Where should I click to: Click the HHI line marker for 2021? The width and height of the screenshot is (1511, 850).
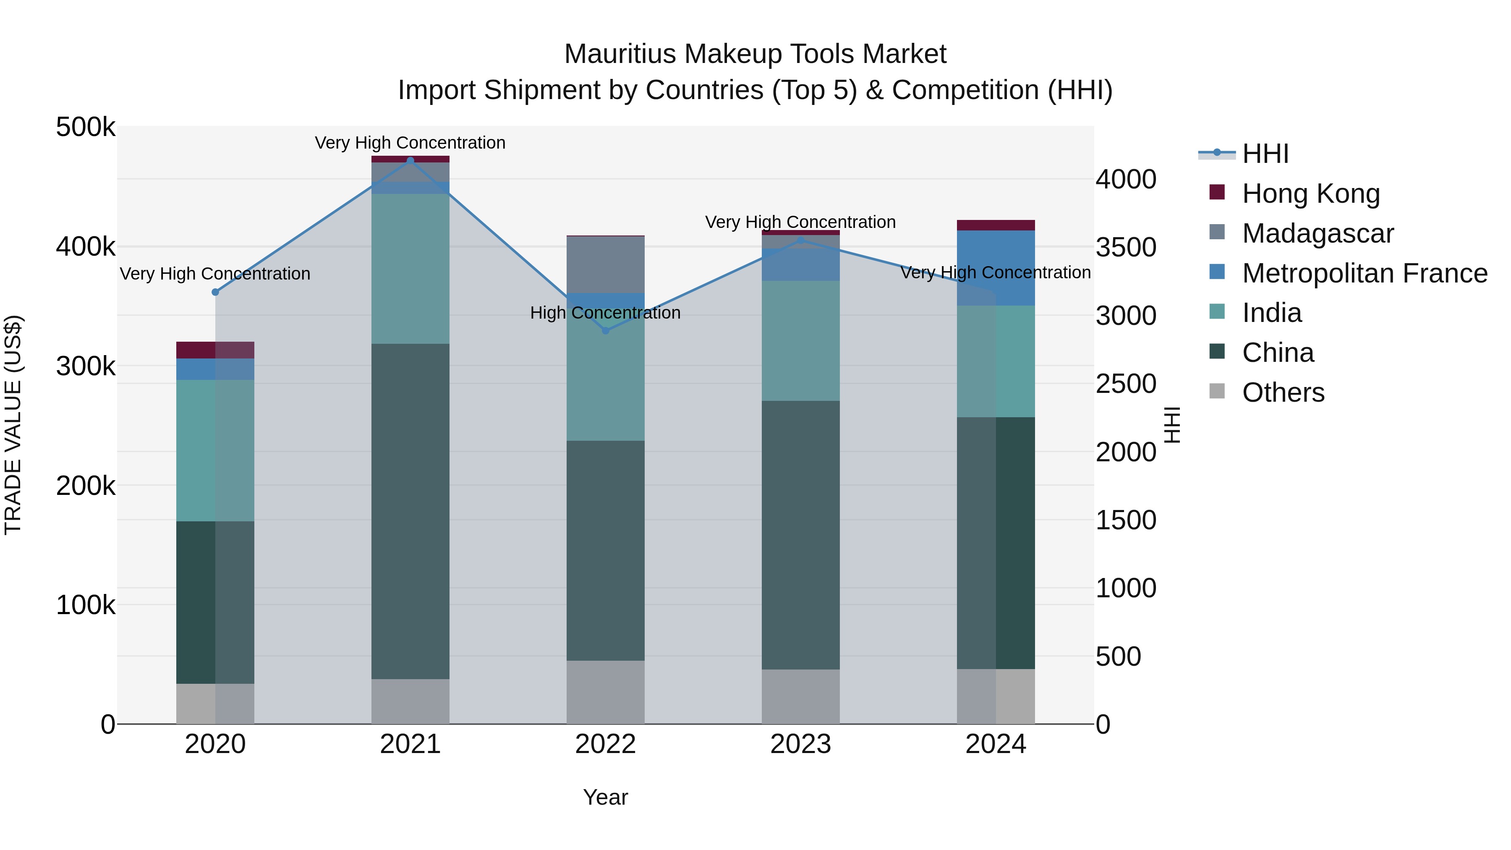tap(410, 160)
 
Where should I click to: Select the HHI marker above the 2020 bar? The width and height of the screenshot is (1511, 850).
tap(215, 292)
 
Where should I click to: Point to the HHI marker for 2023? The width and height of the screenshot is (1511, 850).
tap(801, 240)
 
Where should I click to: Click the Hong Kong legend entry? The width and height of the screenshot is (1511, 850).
tap(1310, 194)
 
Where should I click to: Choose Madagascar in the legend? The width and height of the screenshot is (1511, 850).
tap(1318, 233)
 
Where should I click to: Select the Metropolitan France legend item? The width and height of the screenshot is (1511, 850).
tap(1365, 273)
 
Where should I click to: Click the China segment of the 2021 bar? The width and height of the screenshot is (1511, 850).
tap(410, 510)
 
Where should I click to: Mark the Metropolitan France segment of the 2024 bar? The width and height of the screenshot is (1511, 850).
tap(996, 267)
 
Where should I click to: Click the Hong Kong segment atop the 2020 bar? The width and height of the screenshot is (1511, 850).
tap(215, 350)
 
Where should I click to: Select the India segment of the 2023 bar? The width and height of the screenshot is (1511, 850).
tap(801, 340)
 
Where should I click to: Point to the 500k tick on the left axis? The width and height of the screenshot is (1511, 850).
tap(86, 127)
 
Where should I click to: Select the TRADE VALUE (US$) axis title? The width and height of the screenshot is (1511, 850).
tap(13, 425)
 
